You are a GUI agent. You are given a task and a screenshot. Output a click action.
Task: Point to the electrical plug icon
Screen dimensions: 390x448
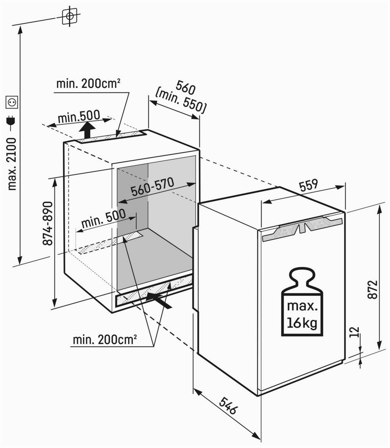click(12, 122)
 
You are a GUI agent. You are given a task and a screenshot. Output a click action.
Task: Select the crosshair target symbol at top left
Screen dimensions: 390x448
click(70, 16)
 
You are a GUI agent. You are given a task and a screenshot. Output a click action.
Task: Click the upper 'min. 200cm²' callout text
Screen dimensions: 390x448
click(88, 84)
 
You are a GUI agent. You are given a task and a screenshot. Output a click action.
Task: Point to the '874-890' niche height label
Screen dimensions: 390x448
click(48, 224)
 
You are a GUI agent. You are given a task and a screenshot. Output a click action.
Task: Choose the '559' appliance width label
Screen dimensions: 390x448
click(308, 185)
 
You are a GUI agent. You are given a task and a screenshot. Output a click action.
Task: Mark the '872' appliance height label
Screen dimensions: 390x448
click(372, 289)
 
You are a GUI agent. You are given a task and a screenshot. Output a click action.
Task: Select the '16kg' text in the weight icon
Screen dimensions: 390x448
click(302, 324)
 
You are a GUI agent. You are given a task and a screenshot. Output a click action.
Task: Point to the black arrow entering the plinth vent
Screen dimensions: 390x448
click(159, 300)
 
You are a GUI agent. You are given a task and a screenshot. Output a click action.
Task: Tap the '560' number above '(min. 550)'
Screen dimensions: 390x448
click(185, 87)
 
